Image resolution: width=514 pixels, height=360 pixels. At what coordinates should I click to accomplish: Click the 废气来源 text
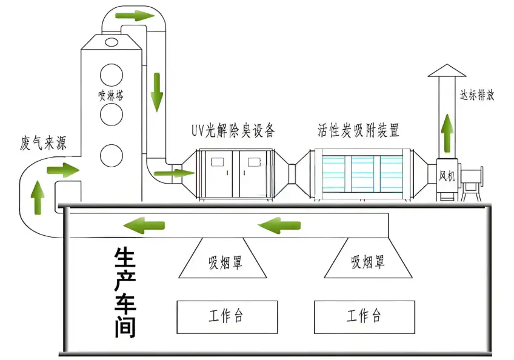click(43, 144)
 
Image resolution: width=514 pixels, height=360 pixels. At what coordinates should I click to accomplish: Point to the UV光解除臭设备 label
click(233, 130)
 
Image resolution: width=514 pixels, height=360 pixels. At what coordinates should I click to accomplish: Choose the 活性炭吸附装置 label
click(358, 130)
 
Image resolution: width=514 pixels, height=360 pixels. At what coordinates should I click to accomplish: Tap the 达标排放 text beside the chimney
click(477, 95)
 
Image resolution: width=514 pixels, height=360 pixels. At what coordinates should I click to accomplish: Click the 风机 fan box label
click(447, 176)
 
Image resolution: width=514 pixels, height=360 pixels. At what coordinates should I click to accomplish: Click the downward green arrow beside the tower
click(158, 92)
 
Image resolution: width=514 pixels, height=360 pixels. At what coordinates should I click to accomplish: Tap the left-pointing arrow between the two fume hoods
click(279, 225)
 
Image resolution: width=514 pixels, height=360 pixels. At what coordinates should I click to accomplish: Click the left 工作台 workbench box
click(226, 316)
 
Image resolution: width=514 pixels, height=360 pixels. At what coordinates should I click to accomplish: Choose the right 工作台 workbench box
click(364, 316)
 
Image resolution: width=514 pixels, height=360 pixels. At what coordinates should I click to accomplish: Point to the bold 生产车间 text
click(125, 292)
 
